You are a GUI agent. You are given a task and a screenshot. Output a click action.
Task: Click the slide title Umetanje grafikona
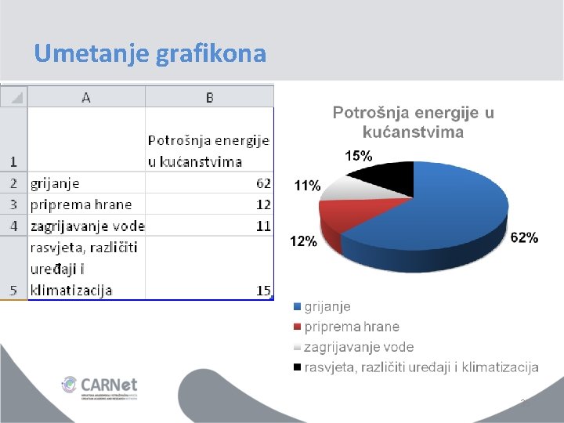(150, 53)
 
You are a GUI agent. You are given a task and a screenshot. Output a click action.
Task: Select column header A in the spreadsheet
(85, 97)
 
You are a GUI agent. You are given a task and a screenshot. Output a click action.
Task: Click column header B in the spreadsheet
(209, 97)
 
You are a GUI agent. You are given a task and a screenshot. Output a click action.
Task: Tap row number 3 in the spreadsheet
(13, 204)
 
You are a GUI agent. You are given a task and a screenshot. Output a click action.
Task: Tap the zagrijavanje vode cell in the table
(87, 226)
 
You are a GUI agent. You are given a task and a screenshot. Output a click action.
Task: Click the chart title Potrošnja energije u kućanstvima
(413, 122)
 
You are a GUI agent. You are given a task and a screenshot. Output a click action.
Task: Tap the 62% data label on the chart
(524, 238)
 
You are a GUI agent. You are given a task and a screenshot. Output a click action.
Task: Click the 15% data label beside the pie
(359, 156)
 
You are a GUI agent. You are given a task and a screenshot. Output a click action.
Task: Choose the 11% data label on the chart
(307, 186)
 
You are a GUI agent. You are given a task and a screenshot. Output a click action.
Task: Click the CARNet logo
(99, 386)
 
